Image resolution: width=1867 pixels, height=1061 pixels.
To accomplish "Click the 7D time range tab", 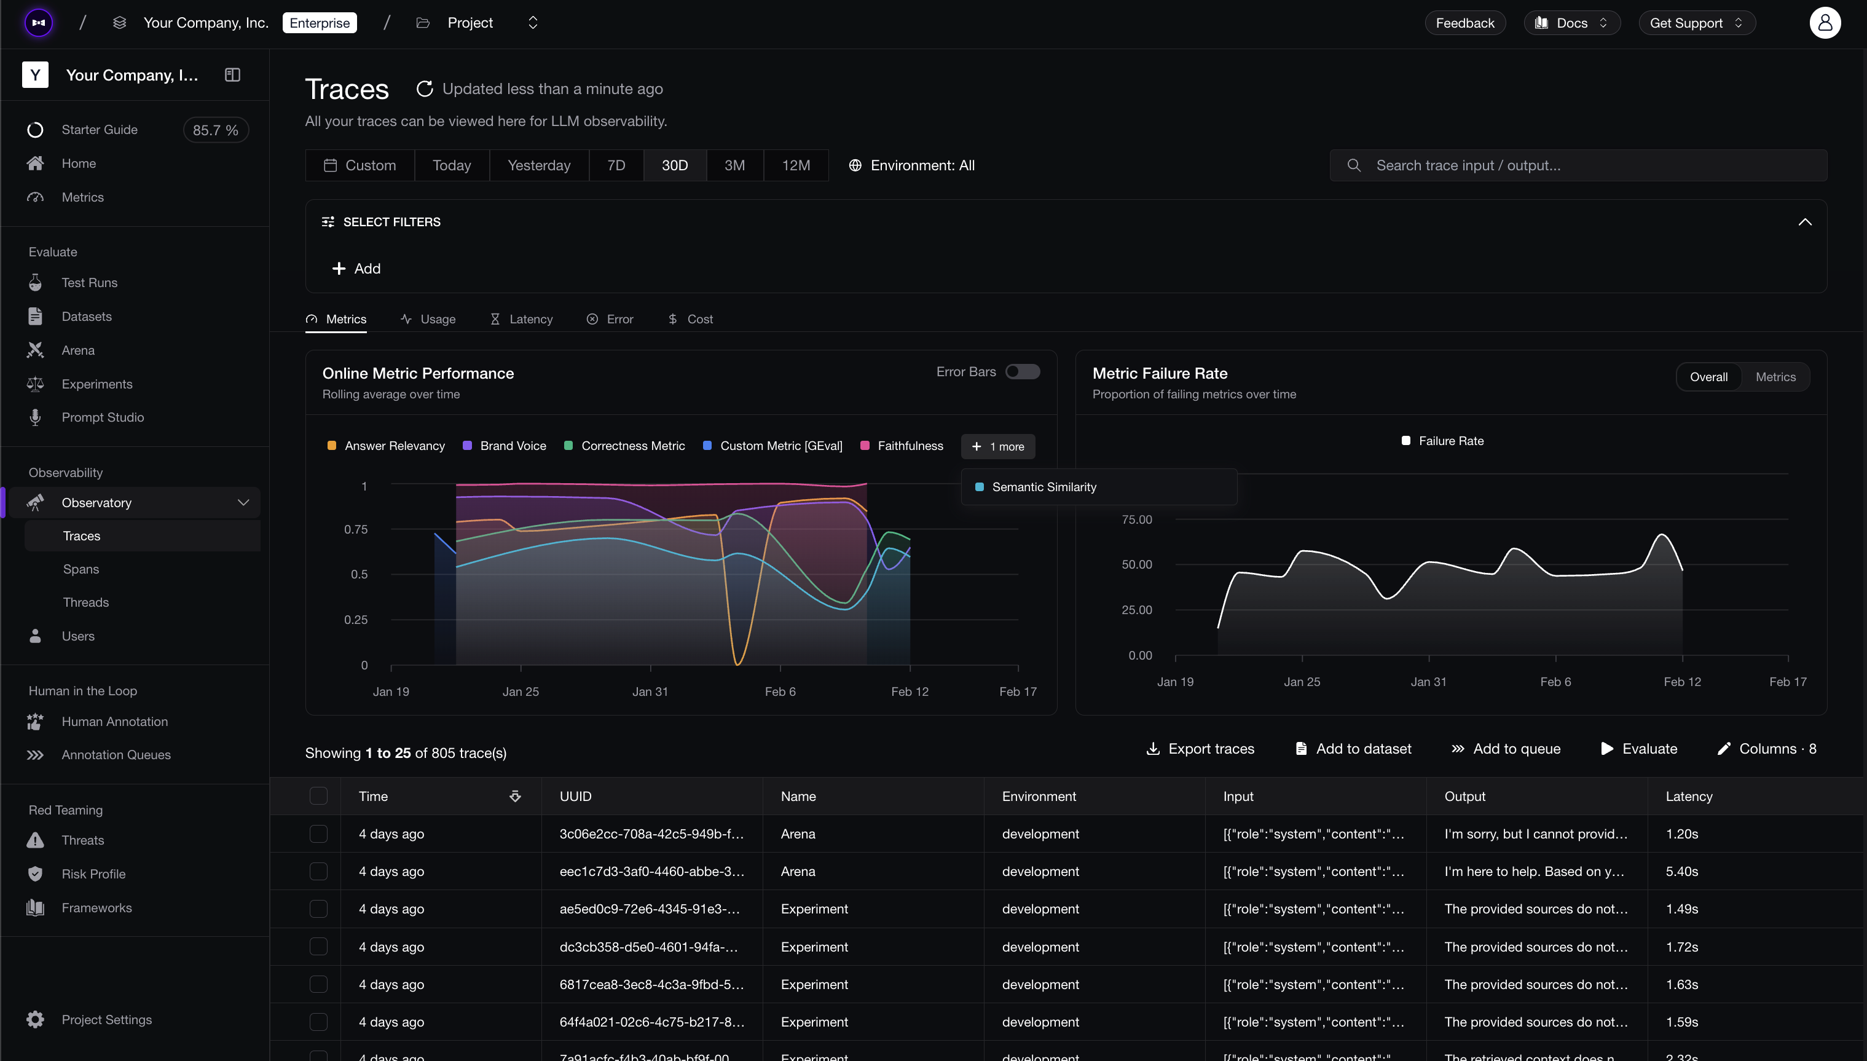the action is click(616, 165).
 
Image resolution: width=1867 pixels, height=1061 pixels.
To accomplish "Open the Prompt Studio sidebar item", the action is click(103, 417).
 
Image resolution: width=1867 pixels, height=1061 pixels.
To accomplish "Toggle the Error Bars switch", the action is click(1023, 372).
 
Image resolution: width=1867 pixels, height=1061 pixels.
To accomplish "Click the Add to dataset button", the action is click(1353, 749).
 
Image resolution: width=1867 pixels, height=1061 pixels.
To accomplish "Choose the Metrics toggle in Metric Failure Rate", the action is click(1775, 377).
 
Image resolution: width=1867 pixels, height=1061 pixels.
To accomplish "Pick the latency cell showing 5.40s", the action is click(1682, 872).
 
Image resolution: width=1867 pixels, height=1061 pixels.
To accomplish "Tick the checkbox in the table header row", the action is click(318, 795).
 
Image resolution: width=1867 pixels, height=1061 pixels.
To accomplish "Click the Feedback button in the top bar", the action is click(1465, 23).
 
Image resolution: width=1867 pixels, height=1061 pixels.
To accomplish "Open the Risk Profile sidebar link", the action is click(93, 874).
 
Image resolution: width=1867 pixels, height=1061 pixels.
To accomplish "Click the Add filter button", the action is click(356, 269).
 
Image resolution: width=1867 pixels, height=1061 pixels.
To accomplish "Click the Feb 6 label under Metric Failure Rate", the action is click(1555, 682).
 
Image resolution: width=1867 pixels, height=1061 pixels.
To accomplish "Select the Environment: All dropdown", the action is click(912, 165).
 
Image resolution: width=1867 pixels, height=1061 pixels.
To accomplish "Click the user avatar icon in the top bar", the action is click(1825, 23).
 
